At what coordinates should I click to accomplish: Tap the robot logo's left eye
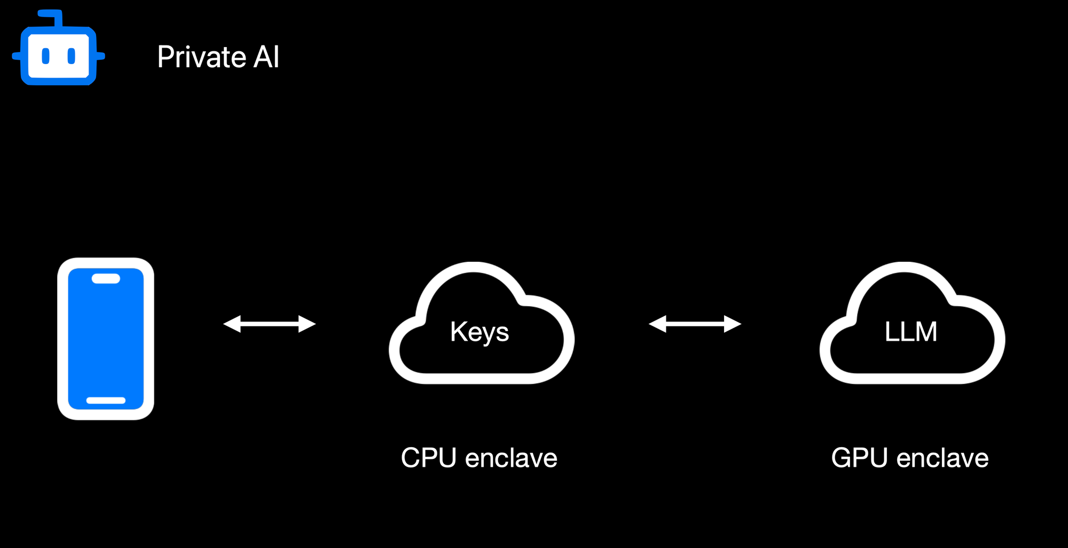point(46,56)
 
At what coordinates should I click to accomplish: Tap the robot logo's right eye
point(72,56)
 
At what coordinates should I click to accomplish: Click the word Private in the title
point(201,57)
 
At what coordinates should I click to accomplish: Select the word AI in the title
point(266,57)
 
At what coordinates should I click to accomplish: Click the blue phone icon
point(106,339)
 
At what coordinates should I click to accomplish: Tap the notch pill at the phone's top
point(106,278)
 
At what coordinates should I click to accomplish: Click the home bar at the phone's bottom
point(106,400)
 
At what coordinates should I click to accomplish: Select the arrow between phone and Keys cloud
point(270,324)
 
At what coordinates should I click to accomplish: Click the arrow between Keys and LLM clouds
point(695,324)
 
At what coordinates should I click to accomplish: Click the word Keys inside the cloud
point(480,332)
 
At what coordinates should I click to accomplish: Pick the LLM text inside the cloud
point(910,332)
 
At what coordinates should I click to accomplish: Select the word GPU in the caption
point(859,458)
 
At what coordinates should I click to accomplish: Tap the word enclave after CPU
point(511,458)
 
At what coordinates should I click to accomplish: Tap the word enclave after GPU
point(943,458)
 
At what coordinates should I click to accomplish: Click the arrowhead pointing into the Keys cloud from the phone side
point(307,324)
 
